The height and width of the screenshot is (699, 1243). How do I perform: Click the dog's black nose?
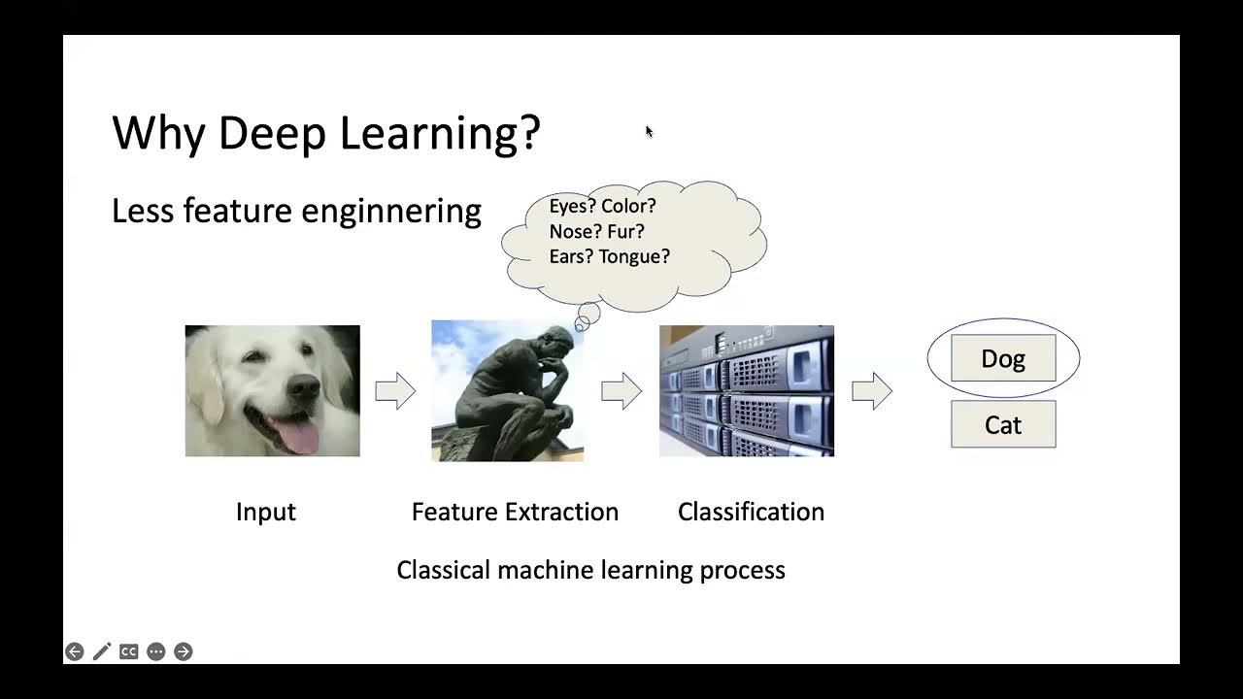[x=303, y=388]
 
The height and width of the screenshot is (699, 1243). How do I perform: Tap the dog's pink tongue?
[x=297, y=436]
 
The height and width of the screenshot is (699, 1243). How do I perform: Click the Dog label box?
[x=1003, y=358]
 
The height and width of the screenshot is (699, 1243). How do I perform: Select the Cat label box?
[x=1003, y=424]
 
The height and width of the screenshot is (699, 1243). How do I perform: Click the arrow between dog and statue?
[x=395, y=391]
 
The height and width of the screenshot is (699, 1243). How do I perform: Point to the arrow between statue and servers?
[x=621, y=391]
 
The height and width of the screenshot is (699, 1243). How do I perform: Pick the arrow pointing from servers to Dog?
[x=872, y=391]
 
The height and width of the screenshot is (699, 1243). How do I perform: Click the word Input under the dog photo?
[x=265, y=512]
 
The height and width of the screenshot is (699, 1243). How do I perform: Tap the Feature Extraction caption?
[x=515, y=512]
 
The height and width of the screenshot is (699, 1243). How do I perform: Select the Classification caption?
[x=751, y=512]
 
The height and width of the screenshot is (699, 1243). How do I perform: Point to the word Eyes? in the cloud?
[x=572, y=206]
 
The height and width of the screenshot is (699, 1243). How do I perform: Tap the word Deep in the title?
[x=271, y=133]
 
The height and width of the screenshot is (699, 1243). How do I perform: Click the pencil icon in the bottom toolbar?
[x=101, y=651]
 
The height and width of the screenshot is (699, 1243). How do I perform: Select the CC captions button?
[x=128, y=651]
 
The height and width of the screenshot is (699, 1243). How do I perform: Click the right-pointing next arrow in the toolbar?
[x=183, y=651]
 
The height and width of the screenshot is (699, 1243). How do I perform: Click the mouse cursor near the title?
[x=648, y=131]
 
